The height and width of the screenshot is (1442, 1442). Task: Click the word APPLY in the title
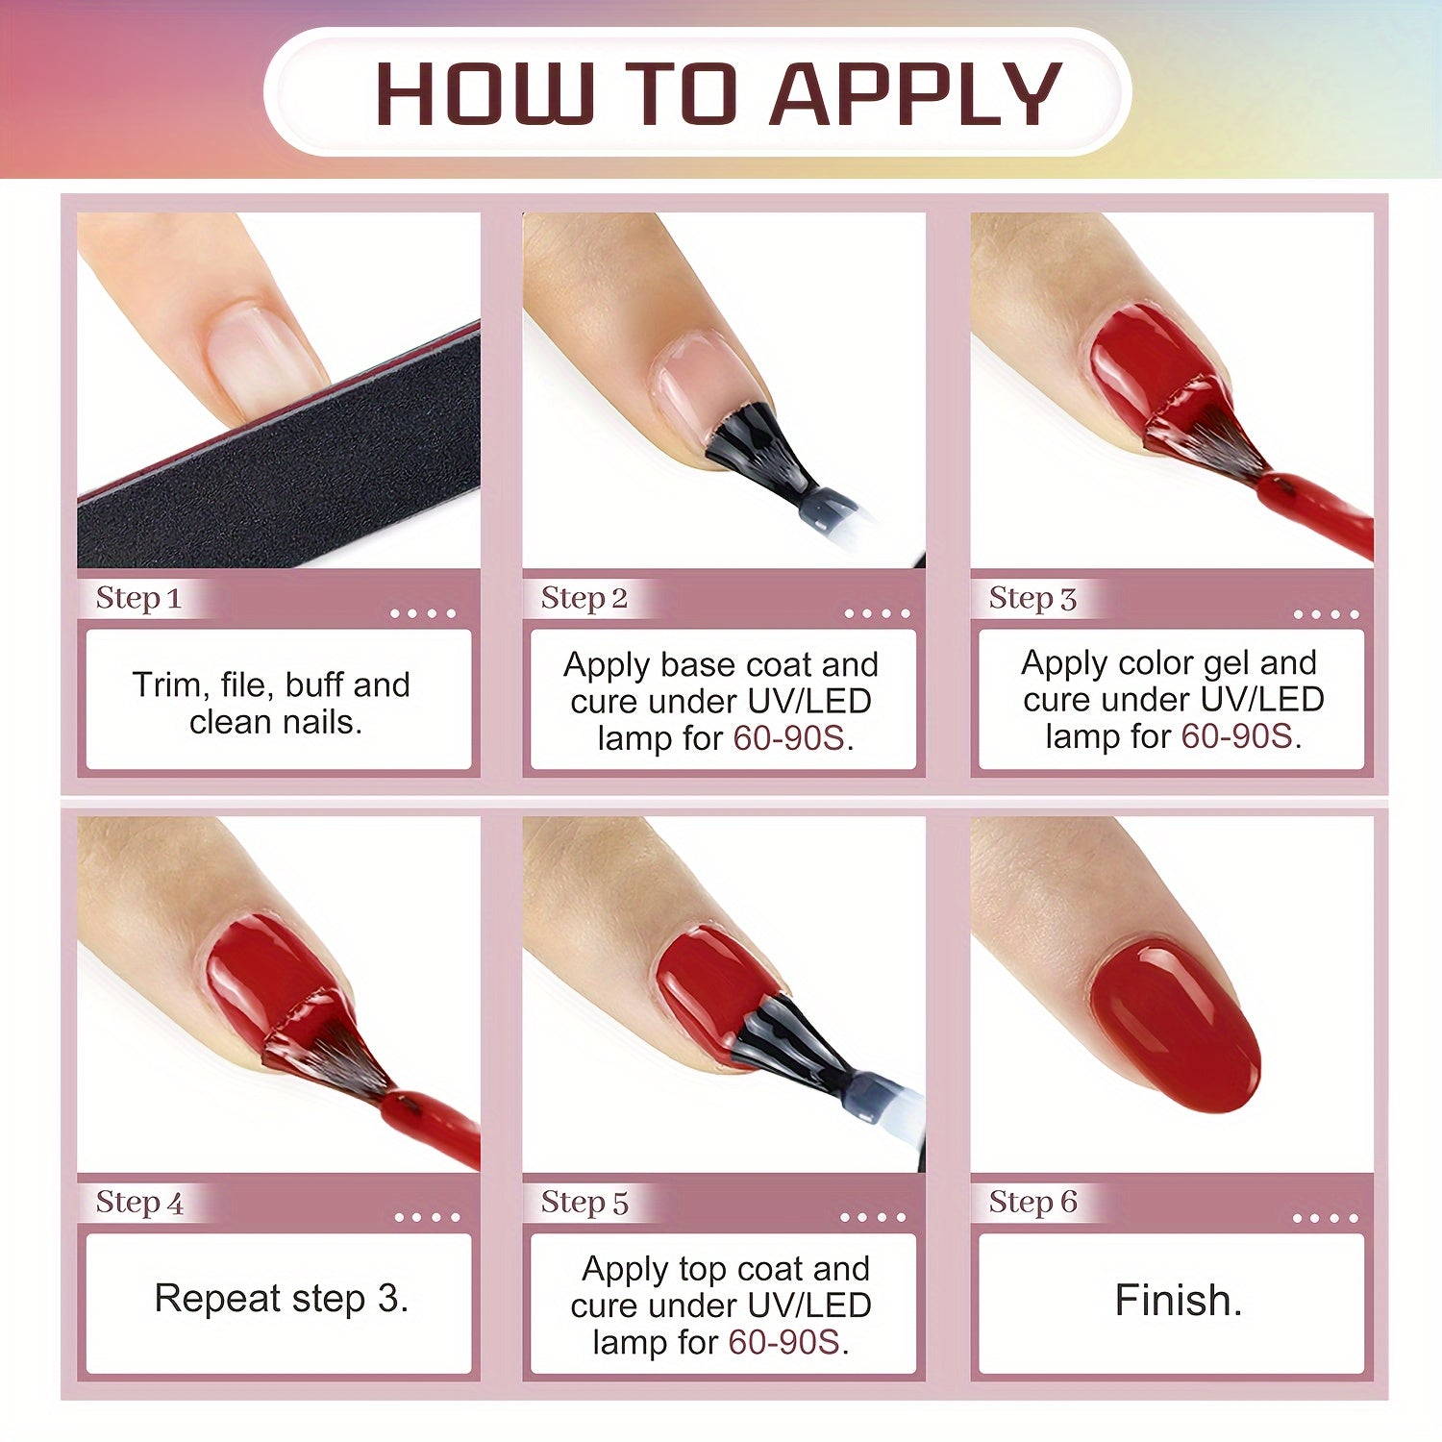click(915, 95)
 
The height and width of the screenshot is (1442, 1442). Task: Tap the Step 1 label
click(138, 598)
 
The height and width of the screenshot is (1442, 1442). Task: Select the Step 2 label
click(584, 598)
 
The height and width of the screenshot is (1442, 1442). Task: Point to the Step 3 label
click(1032, 598)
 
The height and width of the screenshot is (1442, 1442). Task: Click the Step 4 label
click(139, 1202)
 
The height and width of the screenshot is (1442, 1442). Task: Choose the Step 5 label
click(584, 1202)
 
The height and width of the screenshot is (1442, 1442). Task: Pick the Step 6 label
click(1033, 1202)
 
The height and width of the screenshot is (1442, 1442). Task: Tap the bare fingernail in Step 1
click(258, 358)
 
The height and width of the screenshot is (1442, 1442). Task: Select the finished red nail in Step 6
click(1175, 1026)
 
